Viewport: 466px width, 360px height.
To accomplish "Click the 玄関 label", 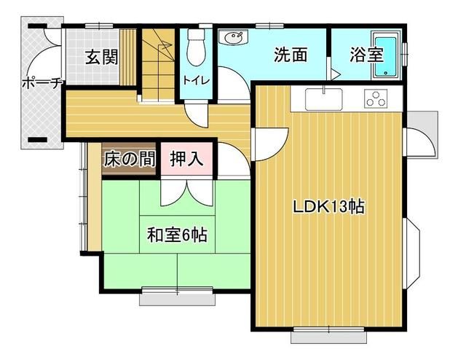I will [x=101, y=57].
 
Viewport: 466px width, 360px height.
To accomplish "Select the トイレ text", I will [x=194, y=79].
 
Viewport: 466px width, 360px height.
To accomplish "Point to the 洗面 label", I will [x=289, y=55].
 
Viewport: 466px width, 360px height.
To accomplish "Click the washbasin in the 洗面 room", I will [x=234, y=36].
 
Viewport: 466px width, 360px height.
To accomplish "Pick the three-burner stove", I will [x=377, y=98].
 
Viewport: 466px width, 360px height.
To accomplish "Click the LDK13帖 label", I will [x=328, y=206].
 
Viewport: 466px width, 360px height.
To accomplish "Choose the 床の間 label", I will [x=129, y=159].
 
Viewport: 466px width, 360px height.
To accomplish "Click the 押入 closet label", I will [x=187, y=159].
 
